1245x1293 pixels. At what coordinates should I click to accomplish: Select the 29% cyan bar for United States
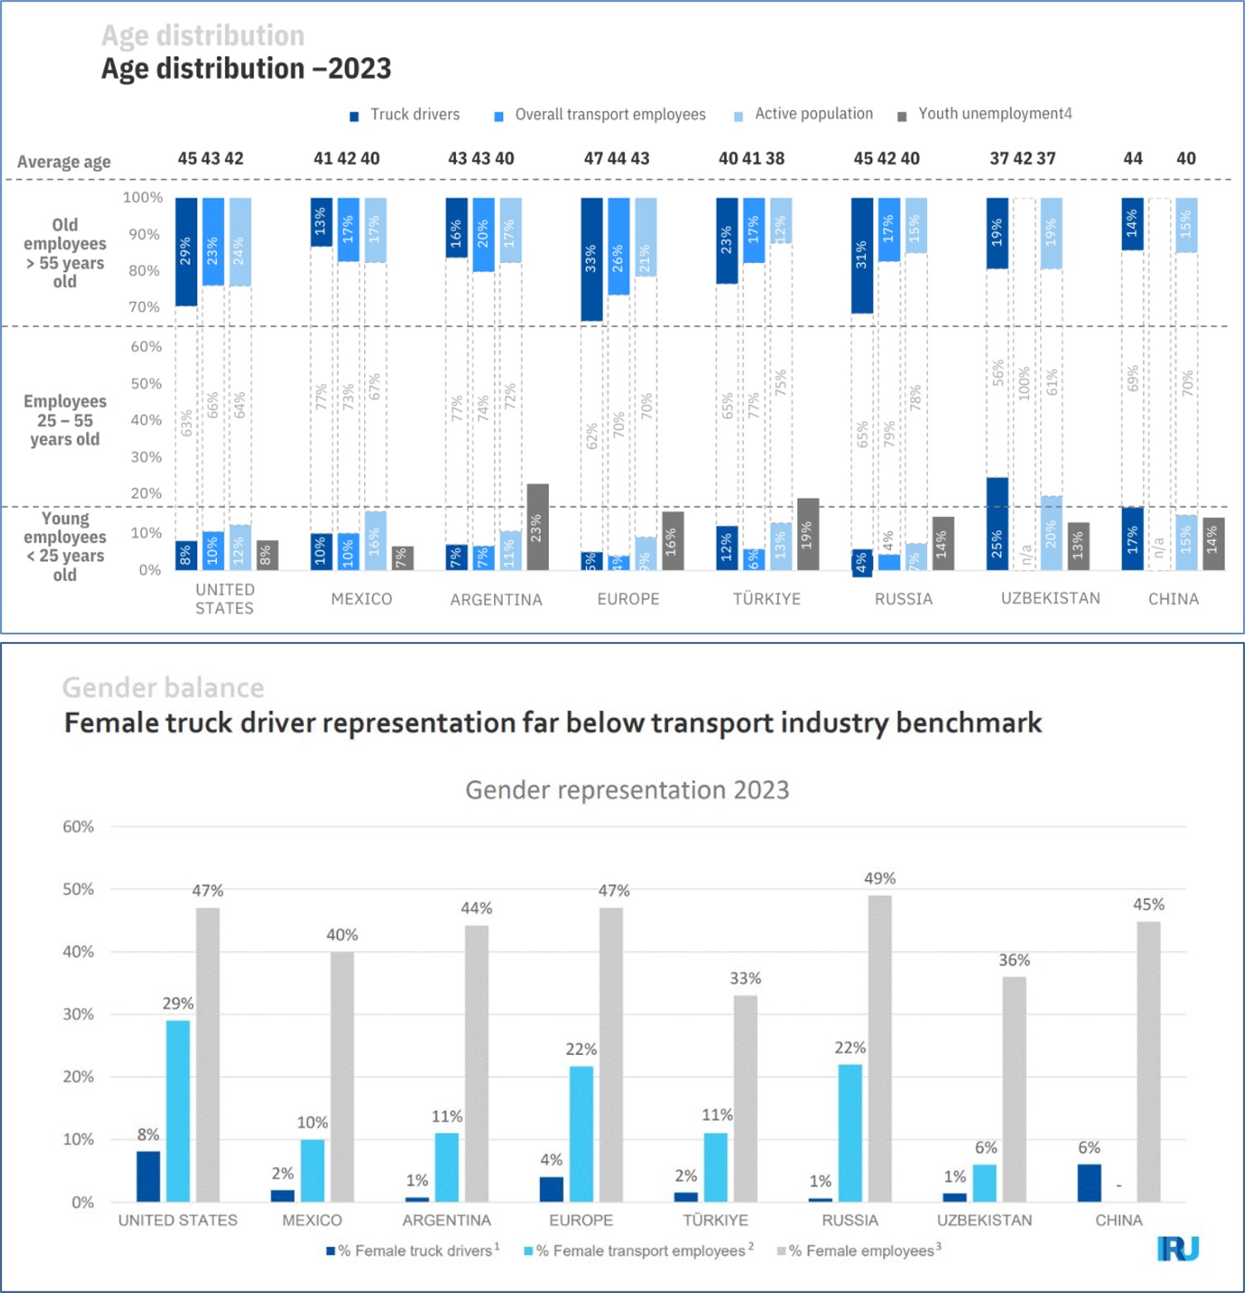coord(178,1110)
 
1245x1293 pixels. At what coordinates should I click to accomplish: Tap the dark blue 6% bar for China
coord(1089,1183)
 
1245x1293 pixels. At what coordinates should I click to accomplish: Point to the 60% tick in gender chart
coord(79,826)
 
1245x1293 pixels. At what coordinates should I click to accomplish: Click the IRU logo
coord(1178,1248)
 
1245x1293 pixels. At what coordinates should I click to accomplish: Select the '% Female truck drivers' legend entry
coord(413,1251)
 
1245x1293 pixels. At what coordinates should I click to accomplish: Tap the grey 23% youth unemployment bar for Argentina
coord(537,527)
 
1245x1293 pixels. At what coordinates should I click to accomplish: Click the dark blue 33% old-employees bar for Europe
coord(591,259)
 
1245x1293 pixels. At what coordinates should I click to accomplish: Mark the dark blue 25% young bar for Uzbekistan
coord(997,524)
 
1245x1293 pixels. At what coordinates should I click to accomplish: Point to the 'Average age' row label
coord(64,161)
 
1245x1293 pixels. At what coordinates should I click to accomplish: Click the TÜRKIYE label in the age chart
coord(767,599)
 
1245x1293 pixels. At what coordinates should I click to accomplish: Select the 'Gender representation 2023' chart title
coord(627,790)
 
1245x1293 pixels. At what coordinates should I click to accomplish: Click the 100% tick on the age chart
coord(142,198)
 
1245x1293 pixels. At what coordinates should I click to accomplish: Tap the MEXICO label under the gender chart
coord(312,1220)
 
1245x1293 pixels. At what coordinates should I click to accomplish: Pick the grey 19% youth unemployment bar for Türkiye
coord(808,534)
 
